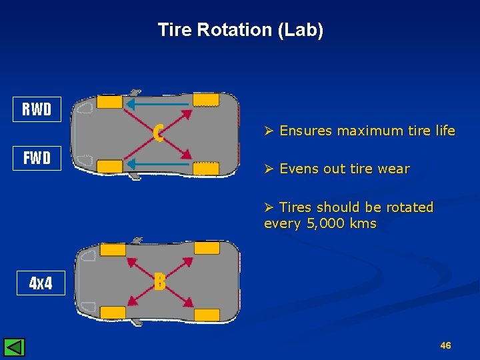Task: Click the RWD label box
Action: (x=37, y=109)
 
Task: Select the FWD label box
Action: (x=37, y=159)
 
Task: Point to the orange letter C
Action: (x=158, y=133)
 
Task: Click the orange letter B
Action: (x=159, y=282)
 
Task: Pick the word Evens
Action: (x=299, y=169)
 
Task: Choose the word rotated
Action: (x=409, y=207)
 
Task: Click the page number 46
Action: (x=446, y=345)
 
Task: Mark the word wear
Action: (x=393, y=169)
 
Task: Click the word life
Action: (x=443, y=131)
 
